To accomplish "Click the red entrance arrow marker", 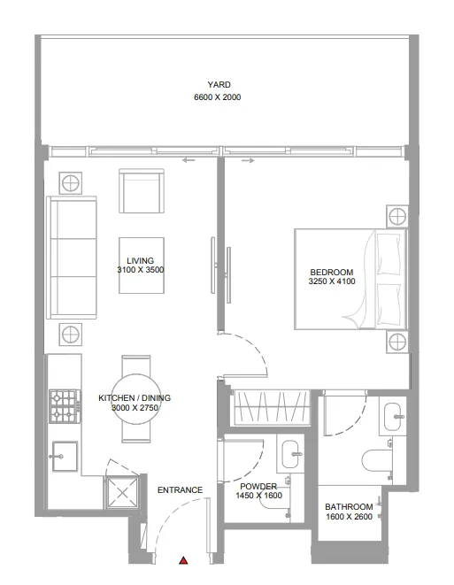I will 183,560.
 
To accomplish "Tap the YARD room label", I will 219,85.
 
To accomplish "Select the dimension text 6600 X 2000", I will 218,97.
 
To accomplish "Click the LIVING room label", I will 141,260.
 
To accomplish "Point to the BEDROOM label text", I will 331,272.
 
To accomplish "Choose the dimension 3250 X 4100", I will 331,282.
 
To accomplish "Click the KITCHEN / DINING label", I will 135,398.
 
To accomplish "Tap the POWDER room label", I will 258,487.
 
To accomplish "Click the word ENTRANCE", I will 180,490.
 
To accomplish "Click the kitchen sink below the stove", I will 64,458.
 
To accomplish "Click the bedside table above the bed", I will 397,216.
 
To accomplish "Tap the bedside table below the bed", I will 397,342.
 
